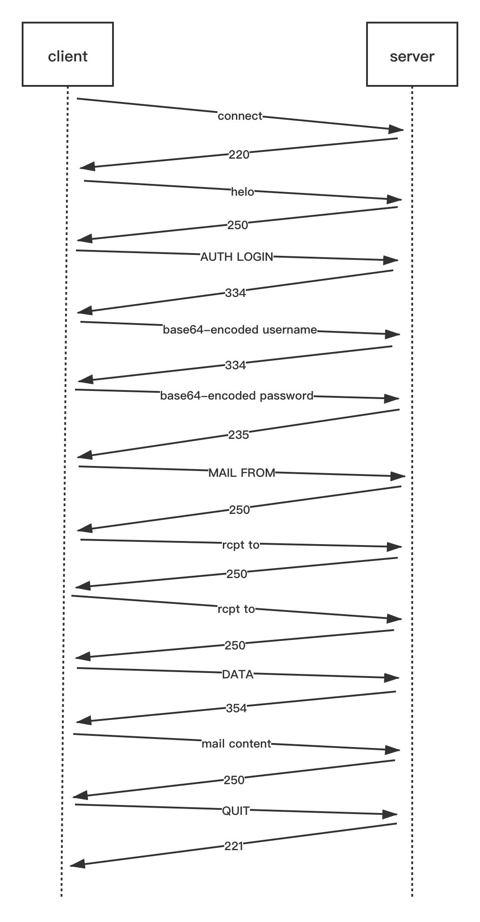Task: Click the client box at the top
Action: click(x=68, y=54)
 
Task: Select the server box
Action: click(x=412, y=54)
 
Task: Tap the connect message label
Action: click(x=240, y=116)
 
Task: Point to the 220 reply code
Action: click(x=239, y=155)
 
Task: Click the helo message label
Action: click(x=243, y=192)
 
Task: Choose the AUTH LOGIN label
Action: click(x=237, y=257)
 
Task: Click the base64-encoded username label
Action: click(x=240, y=330)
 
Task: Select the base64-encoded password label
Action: click(x=237, y=396)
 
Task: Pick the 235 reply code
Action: click(x=239, y=435)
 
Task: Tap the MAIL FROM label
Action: click(x=242, y=473)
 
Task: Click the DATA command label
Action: click(x=238, y=675)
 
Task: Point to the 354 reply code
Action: click(x=236, y=708)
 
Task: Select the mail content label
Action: click(x=236, y=744)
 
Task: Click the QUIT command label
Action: click(x=236, y=811)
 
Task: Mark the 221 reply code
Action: click(x=234, y=846)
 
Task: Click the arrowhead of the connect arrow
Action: click(x=396, y=129)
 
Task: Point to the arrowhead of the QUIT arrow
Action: click(x=390, y=814)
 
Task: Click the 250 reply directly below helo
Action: click(x=238, y=225)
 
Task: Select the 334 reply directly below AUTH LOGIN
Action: click(x=235, y=293)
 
